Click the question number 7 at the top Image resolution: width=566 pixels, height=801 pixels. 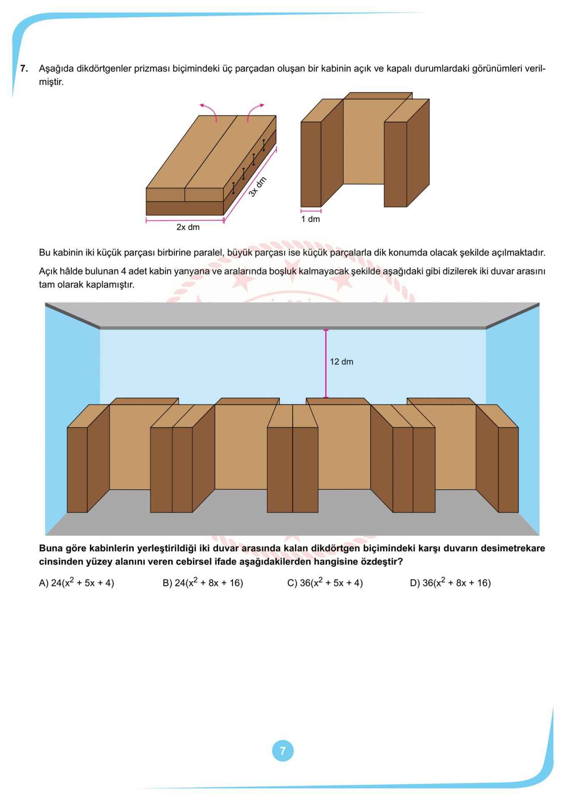[24, 69]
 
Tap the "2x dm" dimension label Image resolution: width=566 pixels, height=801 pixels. [188, 227]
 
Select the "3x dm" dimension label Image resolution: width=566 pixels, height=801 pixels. [258, 187]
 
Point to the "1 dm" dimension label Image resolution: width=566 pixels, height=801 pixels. [311, 219]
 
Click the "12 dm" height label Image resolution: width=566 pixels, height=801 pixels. [341, 362]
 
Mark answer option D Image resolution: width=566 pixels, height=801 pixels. [450, 583]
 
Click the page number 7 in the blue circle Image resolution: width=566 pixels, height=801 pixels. [283, 751]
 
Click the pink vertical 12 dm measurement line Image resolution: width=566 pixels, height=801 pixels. [326, 363]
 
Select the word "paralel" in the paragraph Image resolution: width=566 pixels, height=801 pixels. [211, 253]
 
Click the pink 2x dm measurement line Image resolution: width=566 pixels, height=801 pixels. [185, 219]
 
